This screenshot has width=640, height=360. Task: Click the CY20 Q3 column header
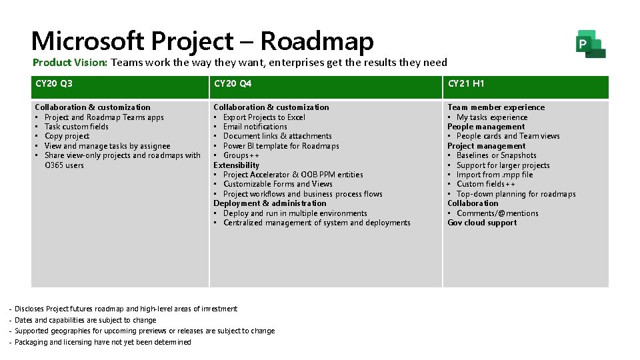54,84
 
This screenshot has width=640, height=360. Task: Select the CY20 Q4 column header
233,84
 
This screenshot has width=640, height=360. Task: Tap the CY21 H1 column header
466,84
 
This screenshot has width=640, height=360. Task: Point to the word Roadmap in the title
317,41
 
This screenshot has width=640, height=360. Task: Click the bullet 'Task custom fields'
76,127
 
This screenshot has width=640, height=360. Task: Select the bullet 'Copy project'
67,136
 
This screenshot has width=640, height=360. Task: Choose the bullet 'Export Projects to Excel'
264,117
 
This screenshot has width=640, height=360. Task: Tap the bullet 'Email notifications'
255,127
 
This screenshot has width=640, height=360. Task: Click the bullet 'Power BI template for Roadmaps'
281,146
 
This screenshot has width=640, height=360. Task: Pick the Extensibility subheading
236,165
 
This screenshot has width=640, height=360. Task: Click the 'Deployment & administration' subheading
270,203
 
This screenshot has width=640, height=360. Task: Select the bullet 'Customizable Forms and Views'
277,184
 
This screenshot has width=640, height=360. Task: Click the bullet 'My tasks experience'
492,117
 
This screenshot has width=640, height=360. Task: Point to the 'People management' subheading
486,127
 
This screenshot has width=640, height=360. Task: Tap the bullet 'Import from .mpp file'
495,175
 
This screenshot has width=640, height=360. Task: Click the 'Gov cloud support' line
482,223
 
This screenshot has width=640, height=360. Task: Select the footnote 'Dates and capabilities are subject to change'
85,320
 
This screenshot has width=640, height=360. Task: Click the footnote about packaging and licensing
103,342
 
